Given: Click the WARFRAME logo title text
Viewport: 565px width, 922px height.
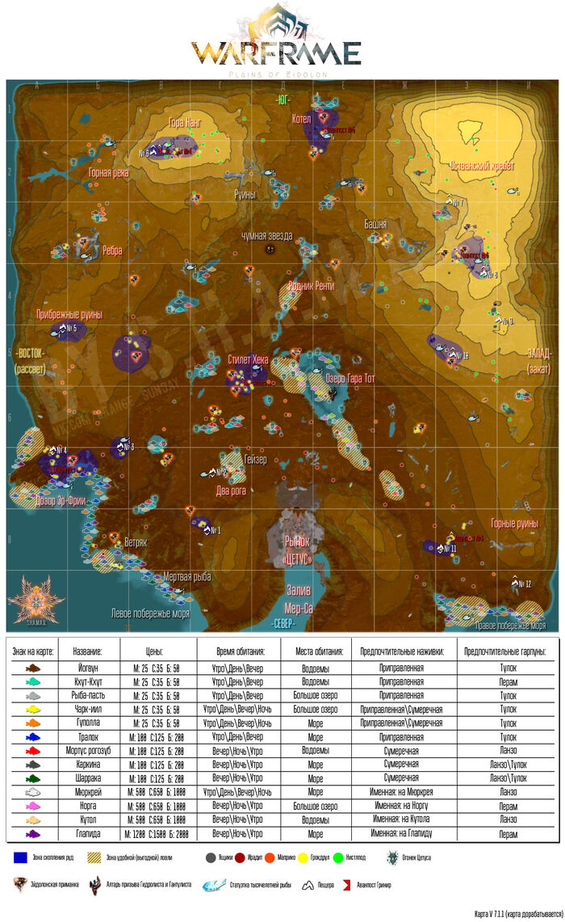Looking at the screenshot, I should (276, 53).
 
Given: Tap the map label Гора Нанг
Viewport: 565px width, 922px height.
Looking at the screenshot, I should (184, 124).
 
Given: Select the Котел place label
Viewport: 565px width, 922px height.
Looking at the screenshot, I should (301, 118).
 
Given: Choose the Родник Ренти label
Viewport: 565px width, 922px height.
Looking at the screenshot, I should (311, 286).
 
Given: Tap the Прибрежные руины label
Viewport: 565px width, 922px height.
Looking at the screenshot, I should (69, 314).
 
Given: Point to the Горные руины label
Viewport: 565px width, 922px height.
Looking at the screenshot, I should (514, 522).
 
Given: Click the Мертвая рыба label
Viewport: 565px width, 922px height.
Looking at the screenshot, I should (187, 576).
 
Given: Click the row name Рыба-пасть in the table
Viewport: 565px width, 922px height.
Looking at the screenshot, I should (88, 695).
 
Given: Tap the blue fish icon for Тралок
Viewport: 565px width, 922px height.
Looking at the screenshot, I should (32, 736).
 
